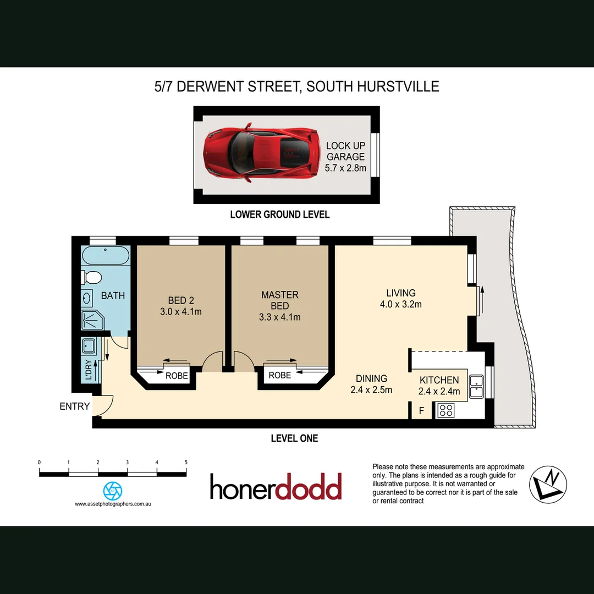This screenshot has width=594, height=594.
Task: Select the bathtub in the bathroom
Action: point(106,256)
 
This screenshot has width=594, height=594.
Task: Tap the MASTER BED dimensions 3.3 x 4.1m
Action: point(279,317)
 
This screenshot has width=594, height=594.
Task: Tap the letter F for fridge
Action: point(422,410)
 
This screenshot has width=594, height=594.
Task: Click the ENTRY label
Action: point(75,406)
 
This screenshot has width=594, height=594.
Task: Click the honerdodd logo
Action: point(276,486)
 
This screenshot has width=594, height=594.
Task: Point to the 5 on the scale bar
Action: point(186,462)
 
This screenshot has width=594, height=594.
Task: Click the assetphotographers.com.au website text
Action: point(113,504)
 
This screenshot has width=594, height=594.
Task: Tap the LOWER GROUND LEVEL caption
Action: point(279,215)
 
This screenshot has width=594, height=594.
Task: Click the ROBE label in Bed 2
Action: point(177,376)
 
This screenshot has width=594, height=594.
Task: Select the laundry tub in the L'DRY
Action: point(89,346)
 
